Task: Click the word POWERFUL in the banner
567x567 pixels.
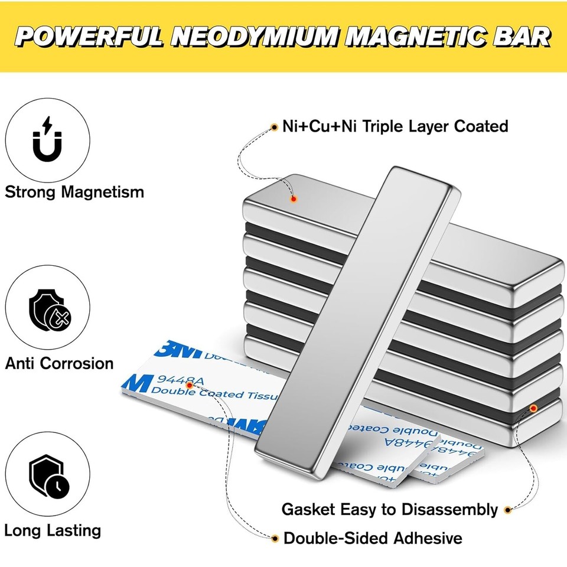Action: pyautogui.click(x=92, y=37)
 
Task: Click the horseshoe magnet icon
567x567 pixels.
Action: pyautogui.click(x=47, y=140)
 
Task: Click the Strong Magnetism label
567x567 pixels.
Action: pyautogui.click(x=74, y=192)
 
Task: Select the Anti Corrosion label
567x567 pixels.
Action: pyautogui.click(x=59, y=363)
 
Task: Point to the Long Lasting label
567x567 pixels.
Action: pyautogui.click(x=53, y=530)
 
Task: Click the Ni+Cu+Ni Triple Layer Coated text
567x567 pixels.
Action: pyautogui.click(x=395, y=126)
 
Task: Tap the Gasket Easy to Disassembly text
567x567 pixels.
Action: pyautogui.click(x=390, y=509)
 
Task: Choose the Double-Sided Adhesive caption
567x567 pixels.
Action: pyautogui.click(x=373, y=538)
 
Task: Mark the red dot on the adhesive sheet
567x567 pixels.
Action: pyautogui.click(x=188, y=384)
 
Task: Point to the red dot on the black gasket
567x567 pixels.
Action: pyautogui.click(x=533, y=408)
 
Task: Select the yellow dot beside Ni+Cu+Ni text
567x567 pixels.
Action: pyautogui.click(x=274, y=126)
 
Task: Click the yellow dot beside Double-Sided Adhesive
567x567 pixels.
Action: pyautogui.click(x=275, y=538)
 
